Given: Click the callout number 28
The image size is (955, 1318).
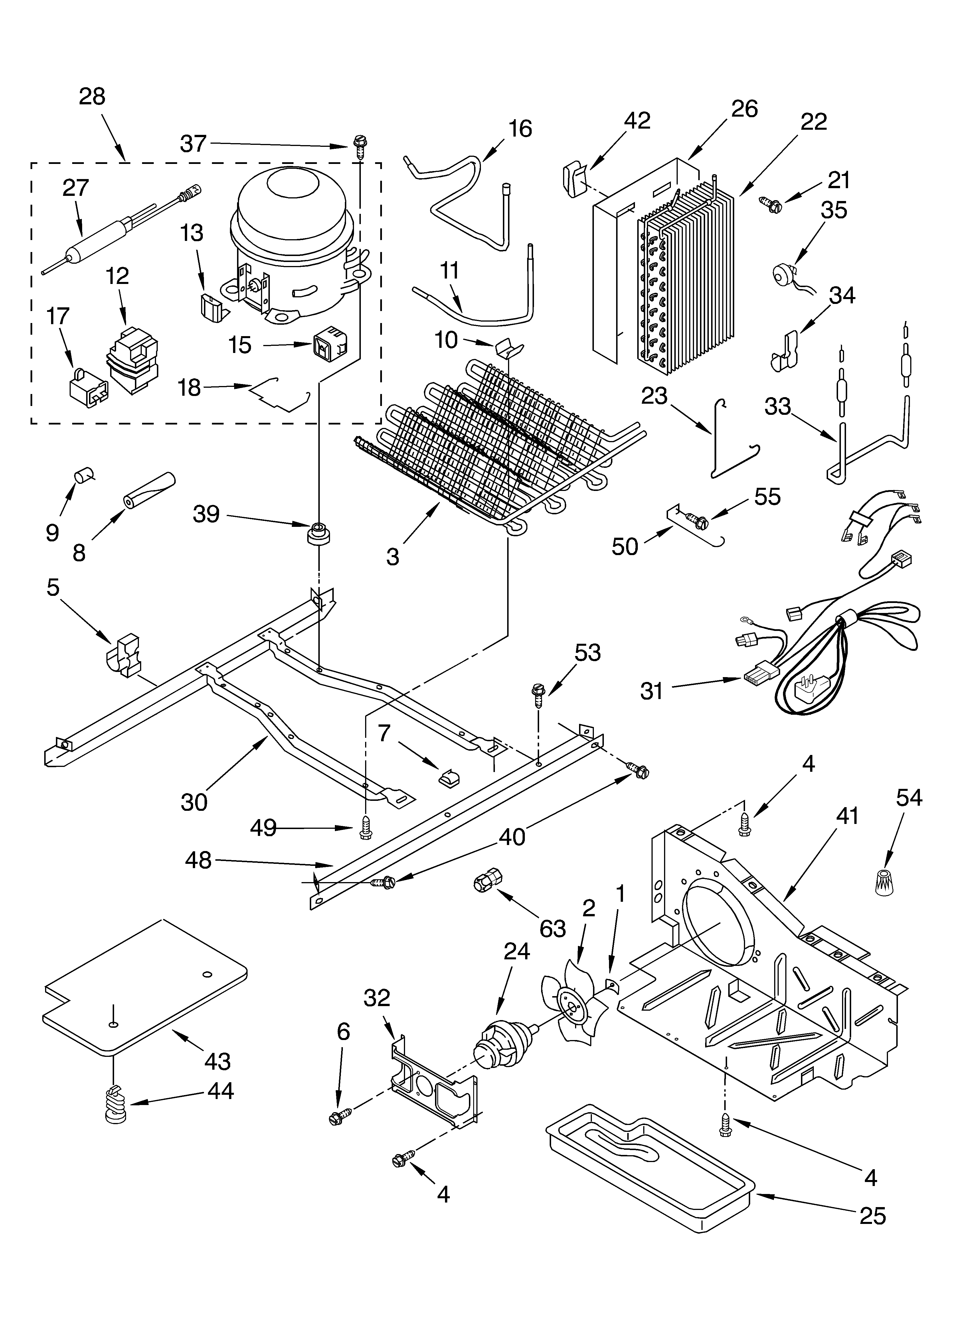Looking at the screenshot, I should click(92, 96).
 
